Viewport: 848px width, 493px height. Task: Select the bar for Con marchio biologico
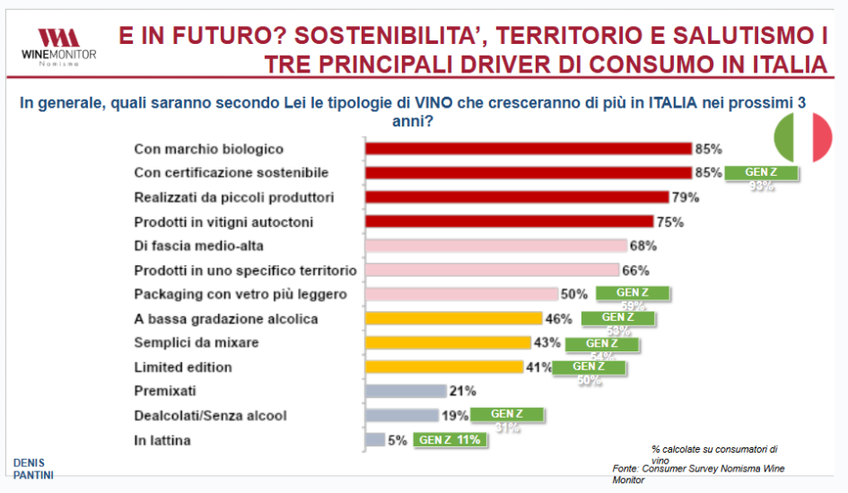click(x=527, y=149)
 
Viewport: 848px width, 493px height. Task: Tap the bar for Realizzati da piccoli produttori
click(x=516, y=197)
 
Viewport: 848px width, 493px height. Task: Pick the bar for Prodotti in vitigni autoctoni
click(x=508, y=221)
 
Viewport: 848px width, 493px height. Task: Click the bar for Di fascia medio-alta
click(x=495, y=246)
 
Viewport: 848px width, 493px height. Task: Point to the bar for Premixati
click(x=405, y=391)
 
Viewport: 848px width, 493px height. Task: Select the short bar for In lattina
click(x=375, y=440)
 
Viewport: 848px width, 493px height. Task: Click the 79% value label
click(x=685, y=197)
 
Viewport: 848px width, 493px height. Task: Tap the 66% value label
click(x=635, y=270)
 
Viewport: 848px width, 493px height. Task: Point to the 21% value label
click(x=463, y=391)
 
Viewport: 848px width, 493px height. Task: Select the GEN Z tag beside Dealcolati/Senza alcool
click(x=507, y=414)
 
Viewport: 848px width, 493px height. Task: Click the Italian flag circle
click(x=803, y=138)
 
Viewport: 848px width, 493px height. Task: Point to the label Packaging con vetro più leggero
click(x=240, y=294)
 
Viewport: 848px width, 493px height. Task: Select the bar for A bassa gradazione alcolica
click(x=453, y=318)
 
